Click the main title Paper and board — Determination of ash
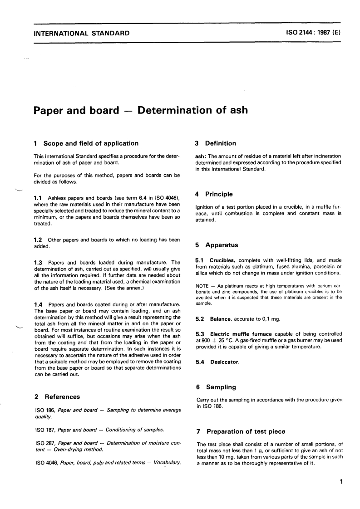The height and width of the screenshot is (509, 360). click(x=141, y=110)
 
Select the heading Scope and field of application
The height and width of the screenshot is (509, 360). click(x=91, y=143)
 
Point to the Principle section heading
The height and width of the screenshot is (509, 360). click(x=220, y=194)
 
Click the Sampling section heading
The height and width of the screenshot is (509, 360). click(x=221, y=387)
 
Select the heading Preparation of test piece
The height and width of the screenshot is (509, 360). click(x=246, y=431)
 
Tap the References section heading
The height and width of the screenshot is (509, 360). click(x=62, y=396)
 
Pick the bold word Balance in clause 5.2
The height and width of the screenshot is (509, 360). click(x=221, y=319)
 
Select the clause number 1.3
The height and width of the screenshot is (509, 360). click(x=39, y=262)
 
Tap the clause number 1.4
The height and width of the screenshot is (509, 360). click(x=39, y=303)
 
